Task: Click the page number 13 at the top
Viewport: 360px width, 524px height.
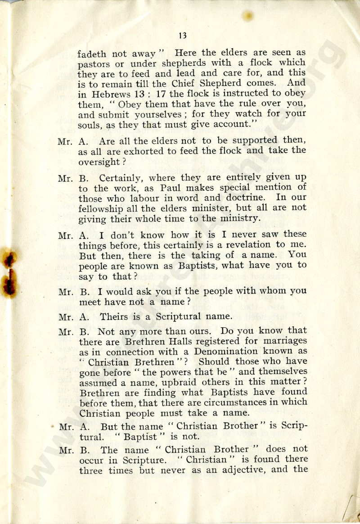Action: tap(182, 36)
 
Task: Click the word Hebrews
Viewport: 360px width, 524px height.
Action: tap(109, 93)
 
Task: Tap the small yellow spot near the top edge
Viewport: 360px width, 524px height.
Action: tap(247, 16)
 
